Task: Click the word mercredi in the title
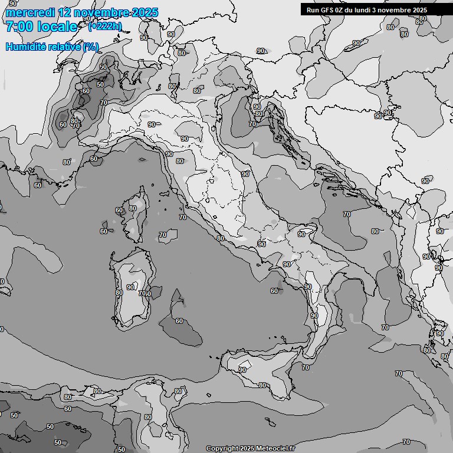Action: coord(27,12)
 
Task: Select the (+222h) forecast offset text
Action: coord(105,26)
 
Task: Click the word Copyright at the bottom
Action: coord(222,448)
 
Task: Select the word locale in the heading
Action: coord(57,27)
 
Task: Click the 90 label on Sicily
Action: coord(242,370)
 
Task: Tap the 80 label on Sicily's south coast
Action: coord(262,385)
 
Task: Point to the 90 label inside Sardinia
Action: coord(130,287)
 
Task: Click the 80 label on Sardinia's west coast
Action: coord(119,292)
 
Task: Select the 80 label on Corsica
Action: coord(133,208)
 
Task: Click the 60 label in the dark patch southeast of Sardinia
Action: coord(179,321)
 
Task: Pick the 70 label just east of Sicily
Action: coord(305,367)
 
